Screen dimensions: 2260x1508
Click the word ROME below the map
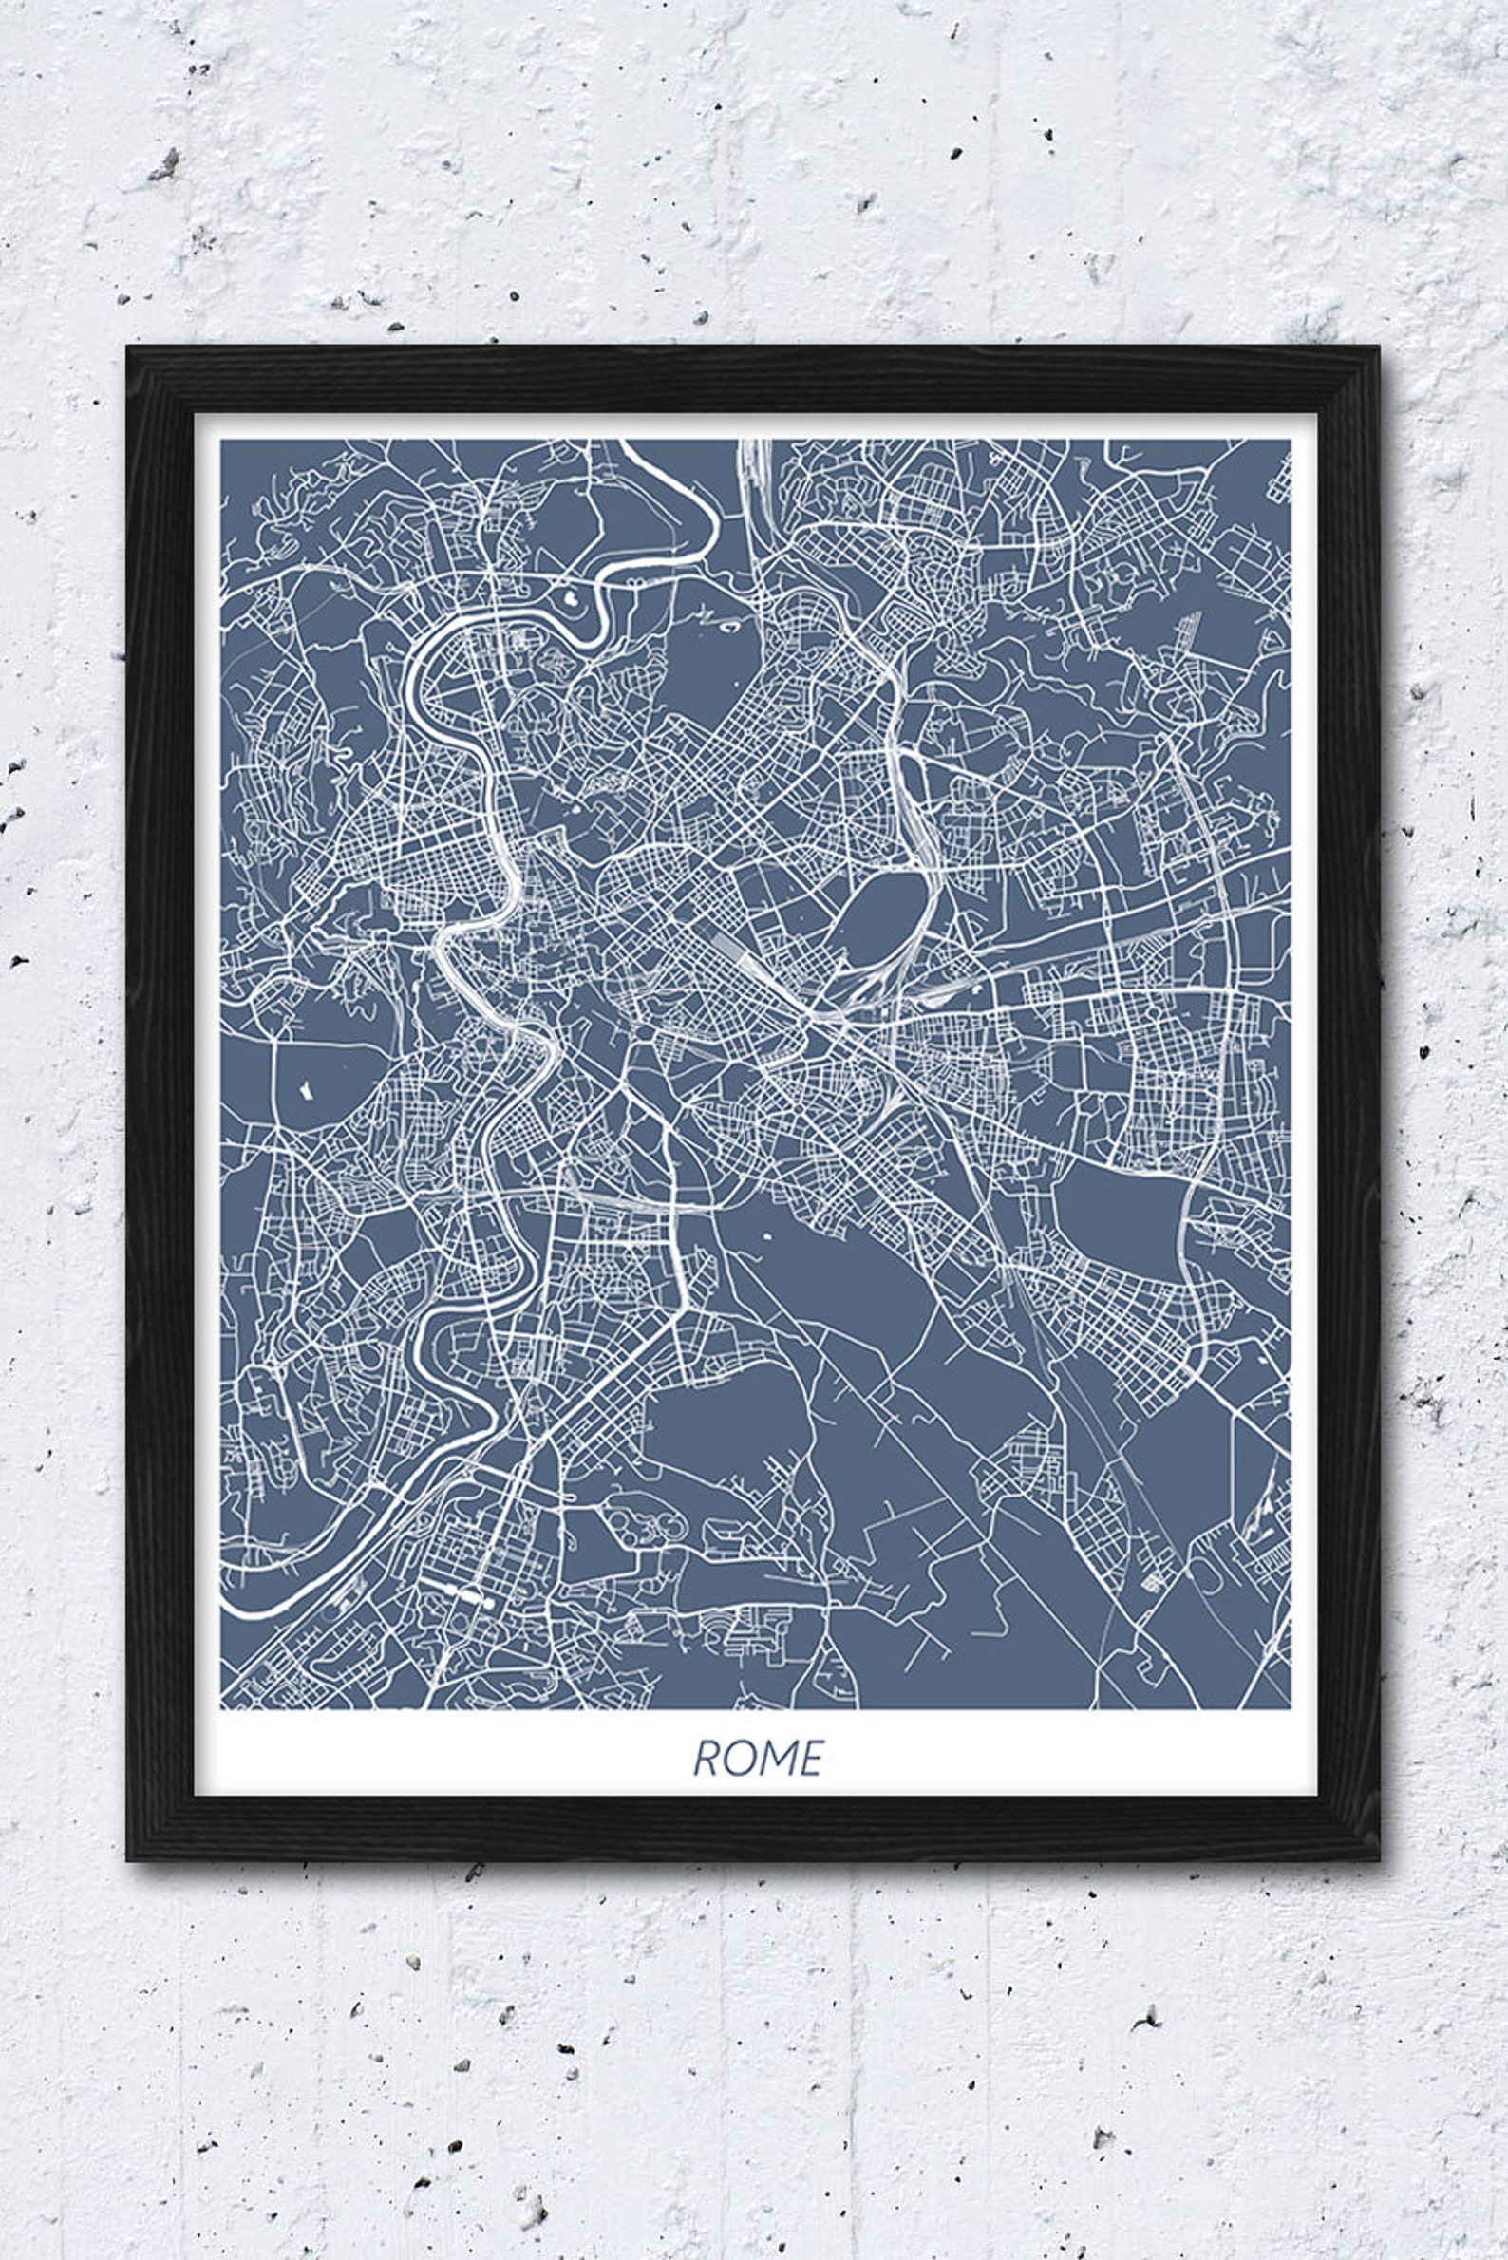click(x=758, y=1758)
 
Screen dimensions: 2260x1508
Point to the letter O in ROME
click(x=738, y=1758)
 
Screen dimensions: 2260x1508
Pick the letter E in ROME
click(x=812, y=1758)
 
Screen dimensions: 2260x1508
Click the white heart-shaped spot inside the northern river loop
click(x=572, y=597)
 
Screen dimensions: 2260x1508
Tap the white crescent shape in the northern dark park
click(x=729, y=625)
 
